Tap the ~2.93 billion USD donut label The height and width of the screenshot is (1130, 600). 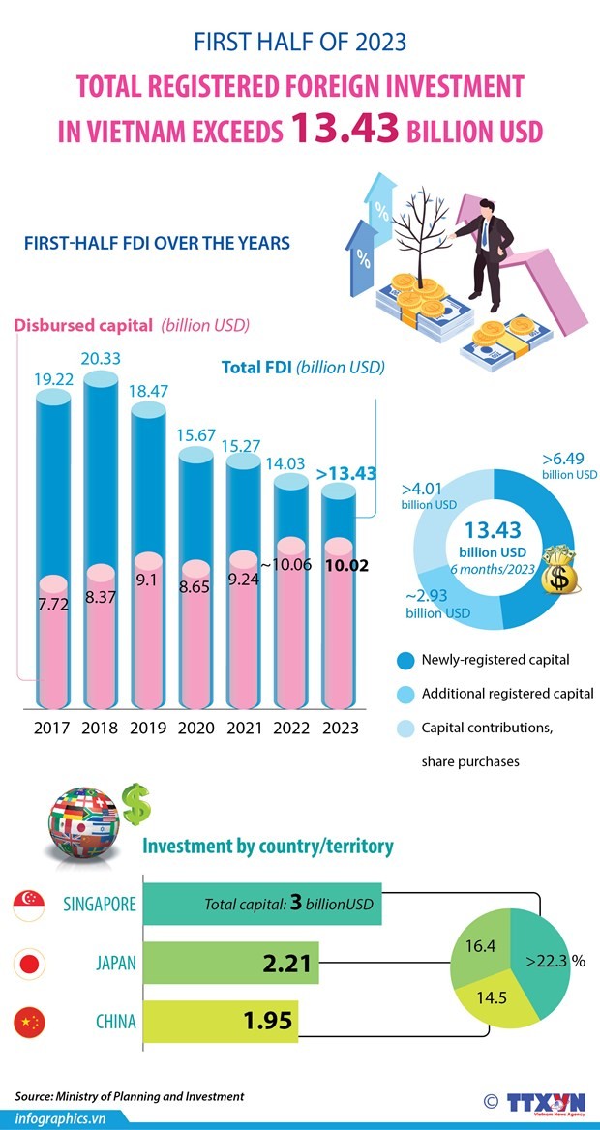(x=437, y=605)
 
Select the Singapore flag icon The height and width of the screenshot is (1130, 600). (x=29, y=907)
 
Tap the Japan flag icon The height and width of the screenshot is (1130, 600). (x=29, y=964)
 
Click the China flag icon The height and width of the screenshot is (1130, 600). (x=29, y=1022)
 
